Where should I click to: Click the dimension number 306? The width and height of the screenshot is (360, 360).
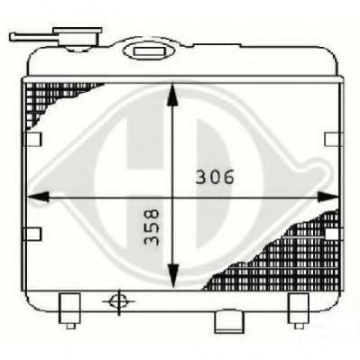coord(215,177)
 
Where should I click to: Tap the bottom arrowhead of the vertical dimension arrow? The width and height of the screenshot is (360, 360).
coord(172,279)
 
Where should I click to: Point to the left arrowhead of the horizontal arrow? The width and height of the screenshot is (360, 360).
coord(33,193)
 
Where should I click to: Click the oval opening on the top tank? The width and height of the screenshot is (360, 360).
coord(143,51)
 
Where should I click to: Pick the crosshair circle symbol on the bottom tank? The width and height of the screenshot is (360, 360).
coord(115,300)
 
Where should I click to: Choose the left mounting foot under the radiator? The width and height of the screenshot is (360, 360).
coord(69,309)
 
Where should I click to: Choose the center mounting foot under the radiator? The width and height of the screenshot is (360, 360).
coord(225,321)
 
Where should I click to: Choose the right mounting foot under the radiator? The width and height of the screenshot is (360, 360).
coord(299,309)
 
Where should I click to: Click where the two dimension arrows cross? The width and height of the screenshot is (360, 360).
coord(172,193)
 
